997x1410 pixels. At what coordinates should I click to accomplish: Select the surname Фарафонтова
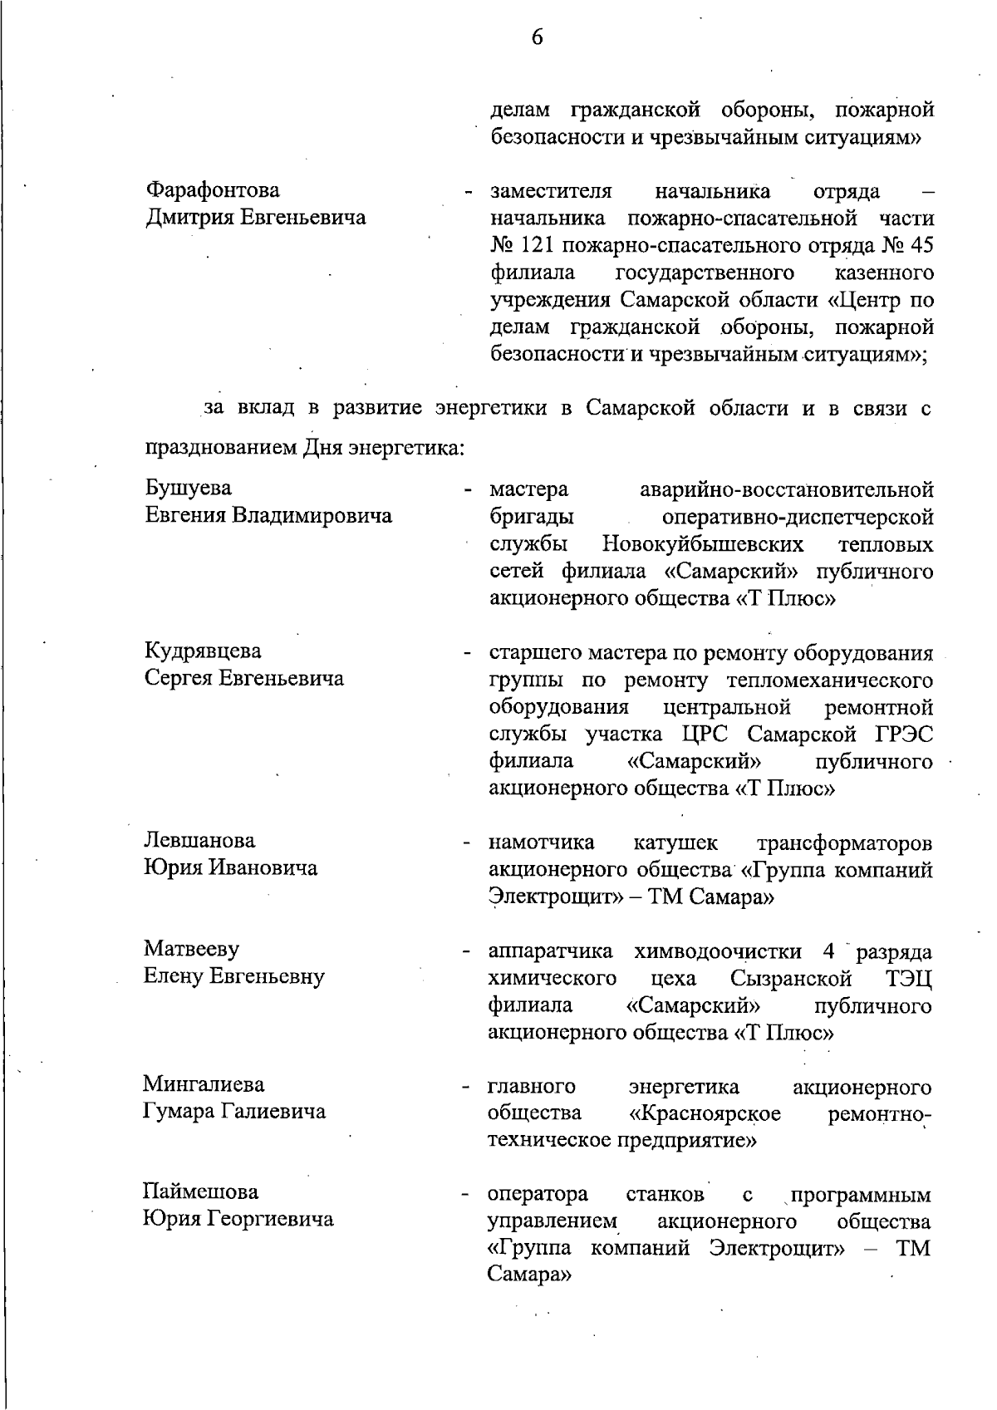pyautogui.click(x=213, y=190)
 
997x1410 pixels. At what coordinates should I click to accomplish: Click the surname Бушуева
pyautogui.click(x=189, y=489)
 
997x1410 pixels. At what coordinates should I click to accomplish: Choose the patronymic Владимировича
pyautogui.click(x=312, y=516)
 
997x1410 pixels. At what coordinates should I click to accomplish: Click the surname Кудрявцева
pyautogui.click(x=203, y=651)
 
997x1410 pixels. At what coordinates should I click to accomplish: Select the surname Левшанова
pyautogui.click(x=199, y=841)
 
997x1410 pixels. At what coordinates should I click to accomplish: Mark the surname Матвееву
pyautogui.click(x=191, y=949)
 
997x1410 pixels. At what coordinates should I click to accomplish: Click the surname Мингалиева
pyautogui.click(x=204, y=1084)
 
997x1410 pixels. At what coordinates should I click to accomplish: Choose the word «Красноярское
pyautogui.click(x=705, y=1113)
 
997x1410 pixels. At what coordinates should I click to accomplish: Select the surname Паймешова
pyautogui.click(x=200, y=1192)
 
